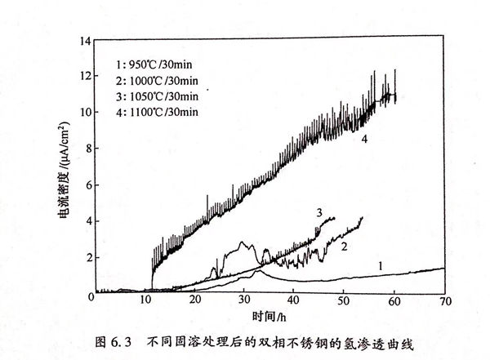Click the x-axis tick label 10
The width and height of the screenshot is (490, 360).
(146, 302)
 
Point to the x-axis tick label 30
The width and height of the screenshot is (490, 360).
(245, 302)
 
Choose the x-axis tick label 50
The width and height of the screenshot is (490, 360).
(345, 302)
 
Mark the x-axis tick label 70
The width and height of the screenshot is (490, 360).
(444, 302)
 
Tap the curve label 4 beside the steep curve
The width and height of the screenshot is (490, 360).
(364, 140)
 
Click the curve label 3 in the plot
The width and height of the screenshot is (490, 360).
(321, 213)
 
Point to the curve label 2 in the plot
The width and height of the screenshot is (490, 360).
(345, 245)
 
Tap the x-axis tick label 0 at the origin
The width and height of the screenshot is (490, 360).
(96, 302)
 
